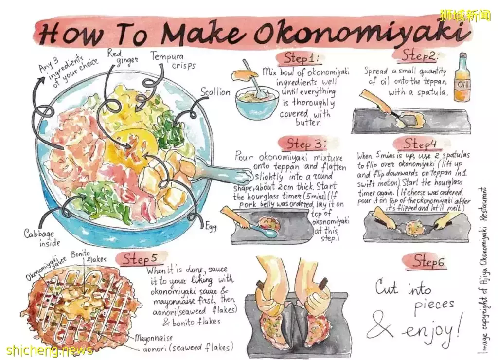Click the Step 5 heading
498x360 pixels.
click(140, 259)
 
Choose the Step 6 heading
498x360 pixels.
click(428, 262)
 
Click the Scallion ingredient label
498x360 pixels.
click(215, 92)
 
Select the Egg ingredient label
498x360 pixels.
click(211, 227)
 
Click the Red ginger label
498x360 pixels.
click(122, 56)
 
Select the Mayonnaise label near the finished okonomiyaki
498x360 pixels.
click(154, 338)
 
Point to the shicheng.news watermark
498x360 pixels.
click(49, 350)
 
